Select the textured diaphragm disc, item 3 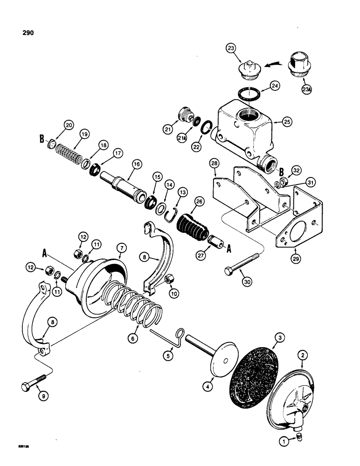coord(255,359)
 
